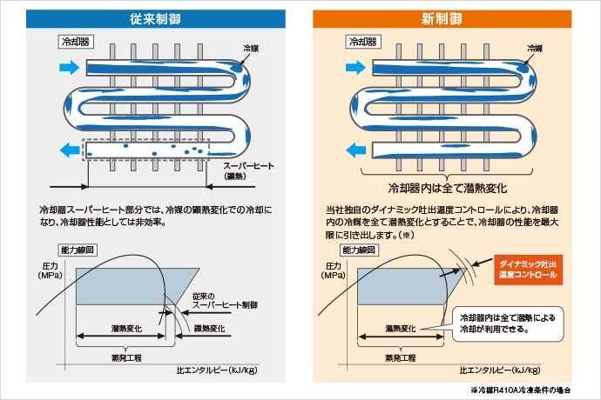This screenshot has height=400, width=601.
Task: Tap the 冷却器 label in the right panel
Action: (x=363, y=41)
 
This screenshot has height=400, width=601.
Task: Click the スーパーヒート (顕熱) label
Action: (x=249, y=170)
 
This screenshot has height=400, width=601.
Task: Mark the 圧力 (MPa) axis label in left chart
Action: (x=51, y=270)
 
